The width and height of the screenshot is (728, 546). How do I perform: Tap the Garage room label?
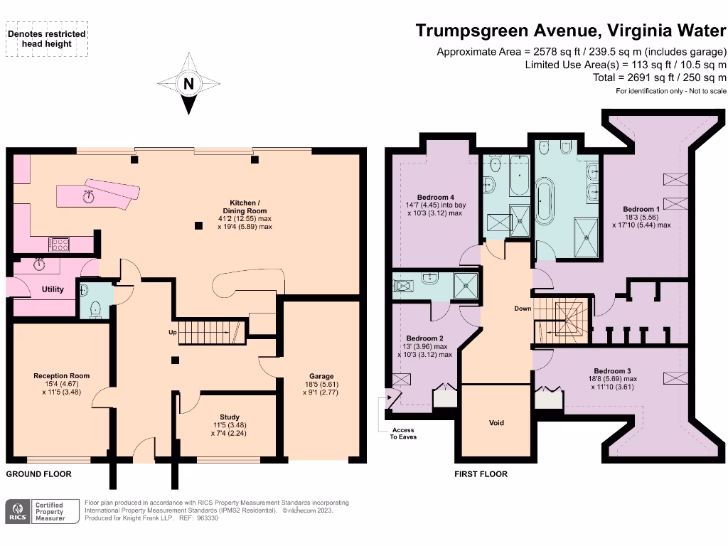[321, 377]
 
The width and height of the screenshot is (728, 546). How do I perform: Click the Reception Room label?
[62, 376]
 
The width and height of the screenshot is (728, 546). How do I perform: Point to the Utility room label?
[53, 289]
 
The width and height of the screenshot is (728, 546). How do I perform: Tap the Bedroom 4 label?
[436, 197]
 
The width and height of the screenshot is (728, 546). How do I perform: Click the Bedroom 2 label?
[425, 338]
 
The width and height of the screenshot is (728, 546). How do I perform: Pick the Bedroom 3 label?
[612, 371]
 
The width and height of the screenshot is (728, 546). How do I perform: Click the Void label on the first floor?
[496, 423]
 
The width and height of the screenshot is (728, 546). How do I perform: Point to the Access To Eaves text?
[402, 433]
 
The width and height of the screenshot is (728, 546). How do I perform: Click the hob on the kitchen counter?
[59, 244]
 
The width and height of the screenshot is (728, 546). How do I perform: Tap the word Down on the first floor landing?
[523, 309]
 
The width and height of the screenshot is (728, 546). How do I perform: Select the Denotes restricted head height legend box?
[48, 38]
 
